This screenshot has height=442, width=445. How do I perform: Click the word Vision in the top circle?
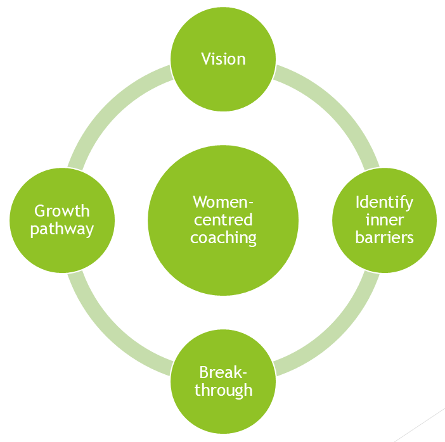pyautogui.click(x=223, y=59)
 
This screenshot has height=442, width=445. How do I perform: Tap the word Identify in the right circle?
pyautogui.click(x=384, y=202)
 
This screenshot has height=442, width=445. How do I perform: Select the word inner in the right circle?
pyautogui.click(x=384, y=220)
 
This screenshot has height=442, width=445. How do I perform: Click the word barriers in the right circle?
pyautogui.click(x=384, y=237)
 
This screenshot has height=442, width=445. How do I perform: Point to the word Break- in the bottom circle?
pyautogui.click(x=223, y=372)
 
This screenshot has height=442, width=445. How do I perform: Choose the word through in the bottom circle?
pyautogui.click(x=223, y=389)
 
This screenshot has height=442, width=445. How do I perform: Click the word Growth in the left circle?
pyautogui.click(x=62, y=210)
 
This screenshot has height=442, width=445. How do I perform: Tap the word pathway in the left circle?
pyautogui.click(x=62, y=229)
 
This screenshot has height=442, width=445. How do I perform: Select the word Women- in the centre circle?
pyautogui.click(x=223, y=202)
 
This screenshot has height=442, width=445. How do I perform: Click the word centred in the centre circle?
pyautogui.click(x=223, y=220)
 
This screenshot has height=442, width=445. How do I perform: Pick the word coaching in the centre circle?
pyautogui.click(x=223, y=238)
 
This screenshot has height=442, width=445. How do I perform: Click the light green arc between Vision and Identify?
pyautogui.click(x=336, y=108)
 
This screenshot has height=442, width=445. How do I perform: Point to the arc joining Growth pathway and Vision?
pyautogui.click(x=110, y=108)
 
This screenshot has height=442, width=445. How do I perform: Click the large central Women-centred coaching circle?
pyautogui.click(x=223, y=266)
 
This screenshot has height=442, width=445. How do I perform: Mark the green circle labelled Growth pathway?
pyautogui.click(x=62, y=253)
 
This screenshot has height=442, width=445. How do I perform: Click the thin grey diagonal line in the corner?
pyautogui.click(x=418, y=425)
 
